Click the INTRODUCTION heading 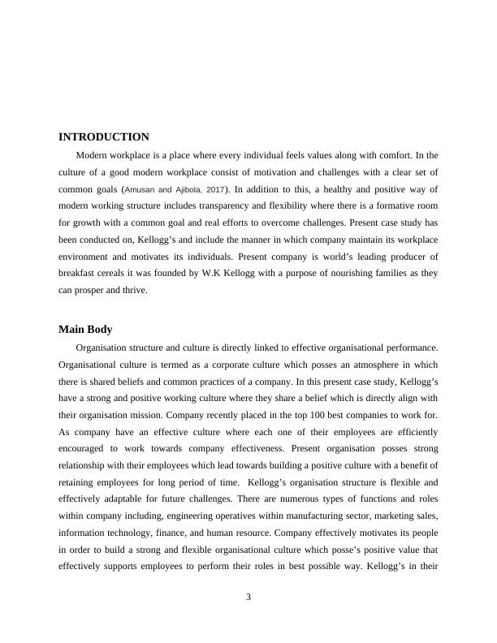[104, 136]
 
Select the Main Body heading [85, 329]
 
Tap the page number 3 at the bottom [248, 598]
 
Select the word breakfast [80, 272]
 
